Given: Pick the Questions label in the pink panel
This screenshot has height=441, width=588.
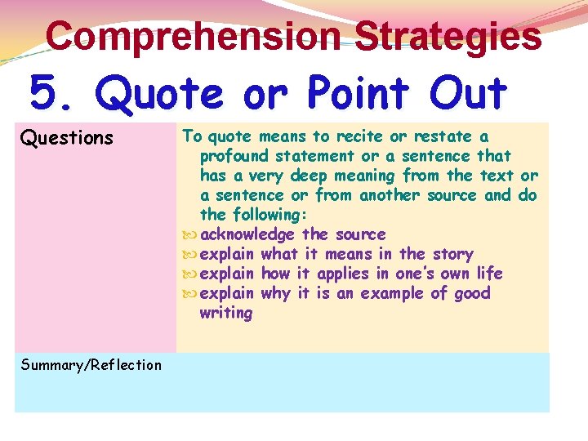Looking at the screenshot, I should point(66,138).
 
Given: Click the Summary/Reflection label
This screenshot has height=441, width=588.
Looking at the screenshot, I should point(91,365).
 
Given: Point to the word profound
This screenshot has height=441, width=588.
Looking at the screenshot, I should point(235,156).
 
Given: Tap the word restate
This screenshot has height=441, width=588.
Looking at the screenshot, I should point(443,136).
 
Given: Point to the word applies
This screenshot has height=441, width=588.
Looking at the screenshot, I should point(344,274).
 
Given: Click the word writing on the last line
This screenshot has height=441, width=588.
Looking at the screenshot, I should point(226,313).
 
